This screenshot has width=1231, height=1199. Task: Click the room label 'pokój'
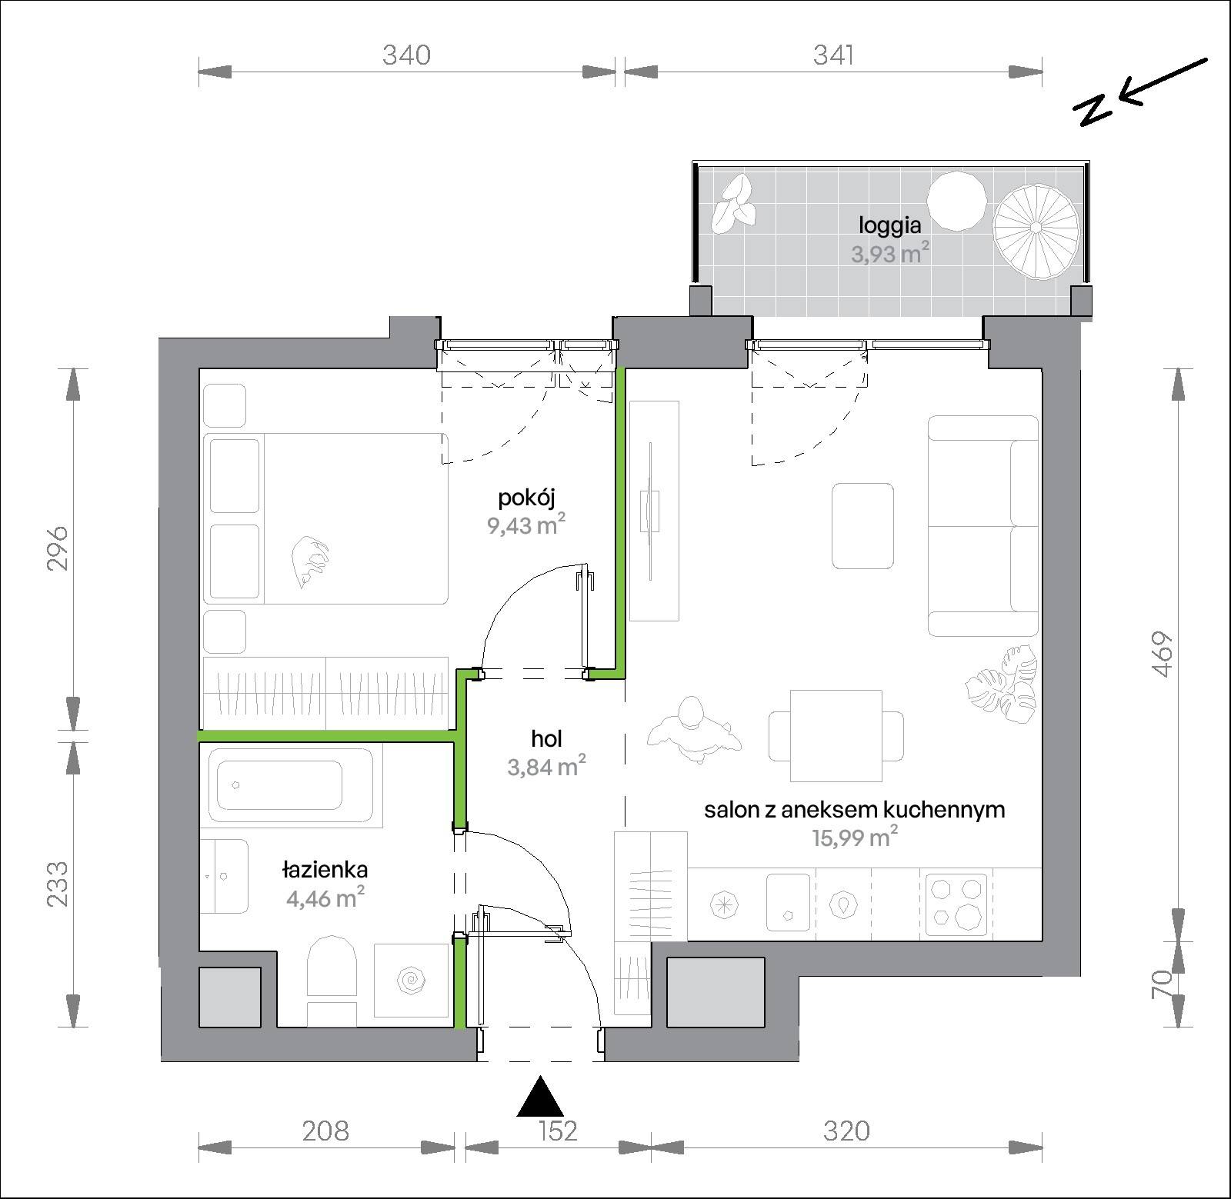click(x=526, y=498)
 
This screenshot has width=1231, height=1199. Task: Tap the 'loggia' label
click(x=890, y=225)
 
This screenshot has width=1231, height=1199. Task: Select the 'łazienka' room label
click(x=325, y=870)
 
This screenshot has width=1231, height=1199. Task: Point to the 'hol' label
click(x=546, y=739)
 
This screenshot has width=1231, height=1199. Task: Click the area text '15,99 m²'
click(x=855, y=837)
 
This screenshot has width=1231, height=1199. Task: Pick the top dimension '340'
click(x=406, y=55)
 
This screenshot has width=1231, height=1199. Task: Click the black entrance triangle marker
click(x=541, y=1097)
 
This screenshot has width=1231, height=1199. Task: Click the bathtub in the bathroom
click(x=292, y=785)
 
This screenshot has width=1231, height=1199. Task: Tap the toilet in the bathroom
click(x=332, y=981)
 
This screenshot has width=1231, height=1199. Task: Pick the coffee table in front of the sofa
click(x=863, y=526)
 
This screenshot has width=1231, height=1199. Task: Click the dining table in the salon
click(x=836, y=736)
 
